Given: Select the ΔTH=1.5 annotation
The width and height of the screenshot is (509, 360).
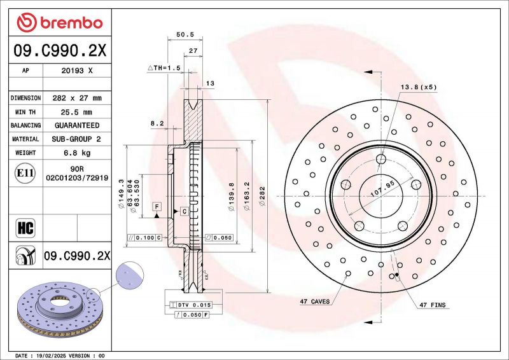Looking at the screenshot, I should click(164, 67).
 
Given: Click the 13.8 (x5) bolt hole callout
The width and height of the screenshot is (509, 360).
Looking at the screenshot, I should click(418, 87).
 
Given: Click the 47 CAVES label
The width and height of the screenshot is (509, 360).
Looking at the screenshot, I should click(314, 301).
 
